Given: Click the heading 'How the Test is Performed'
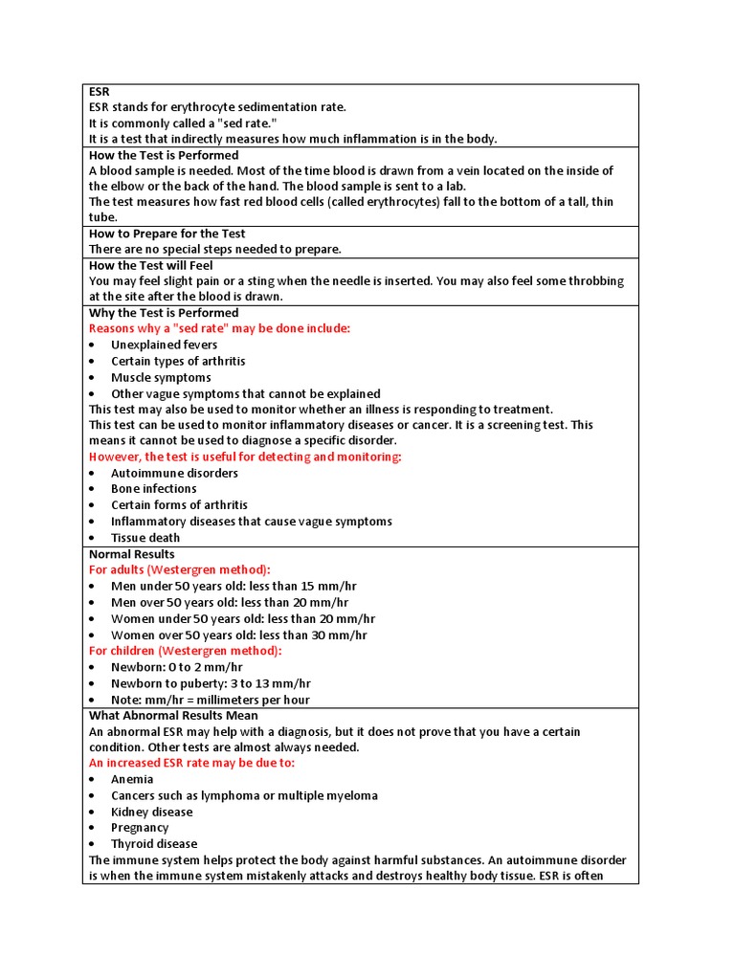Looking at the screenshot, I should (164, 155).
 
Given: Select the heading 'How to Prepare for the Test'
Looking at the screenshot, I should (167, 234).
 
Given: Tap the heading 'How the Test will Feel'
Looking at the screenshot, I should (151, 265).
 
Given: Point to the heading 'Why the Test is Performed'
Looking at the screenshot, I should (164, 313).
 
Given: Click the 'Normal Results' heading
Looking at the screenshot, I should (132, 554).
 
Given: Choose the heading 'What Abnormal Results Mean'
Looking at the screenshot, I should (173, 715).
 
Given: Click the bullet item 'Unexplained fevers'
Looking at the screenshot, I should (164, 345).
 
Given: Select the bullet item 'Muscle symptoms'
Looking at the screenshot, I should (161, 377).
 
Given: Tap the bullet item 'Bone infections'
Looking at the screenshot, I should (153, 489).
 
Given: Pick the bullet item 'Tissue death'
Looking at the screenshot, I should (145, 538).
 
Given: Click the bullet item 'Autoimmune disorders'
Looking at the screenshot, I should (174, 473).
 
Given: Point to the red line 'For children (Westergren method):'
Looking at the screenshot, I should (186, 651).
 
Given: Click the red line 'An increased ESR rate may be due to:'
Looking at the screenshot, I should (191, 763).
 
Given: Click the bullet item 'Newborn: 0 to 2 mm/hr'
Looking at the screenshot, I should (176, 667).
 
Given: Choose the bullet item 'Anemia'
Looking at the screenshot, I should (132, 779).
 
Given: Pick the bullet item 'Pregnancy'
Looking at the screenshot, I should (140, 828).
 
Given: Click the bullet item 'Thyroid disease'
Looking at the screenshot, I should (154, 844).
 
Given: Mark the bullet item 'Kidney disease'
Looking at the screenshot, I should (151, 812).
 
